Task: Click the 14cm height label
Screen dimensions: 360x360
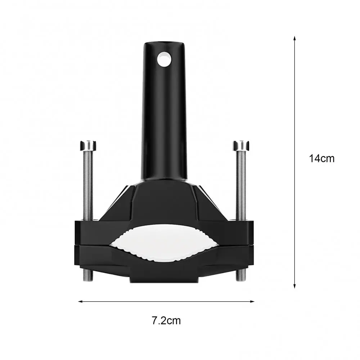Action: click(x=321, y=158)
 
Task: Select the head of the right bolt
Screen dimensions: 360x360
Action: click(x=241, y=145)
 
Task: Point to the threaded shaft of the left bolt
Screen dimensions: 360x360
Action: click(x=88, y=184)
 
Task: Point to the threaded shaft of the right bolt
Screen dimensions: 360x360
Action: click(x=241, y=184)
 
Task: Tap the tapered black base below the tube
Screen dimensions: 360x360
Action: click(x=165, y=202)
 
